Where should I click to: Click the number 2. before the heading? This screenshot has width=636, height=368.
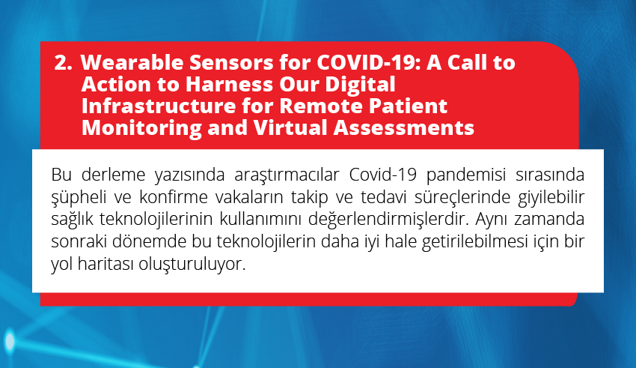(x=64, y=63)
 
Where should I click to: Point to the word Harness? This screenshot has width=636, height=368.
(x=229, y=85)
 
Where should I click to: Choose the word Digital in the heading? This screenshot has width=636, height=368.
(x=360, y=85)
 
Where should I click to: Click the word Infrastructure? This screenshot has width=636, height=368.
(x=159, y=106)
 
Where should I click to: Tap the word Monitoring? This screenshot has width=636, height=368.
(x=141, y=128)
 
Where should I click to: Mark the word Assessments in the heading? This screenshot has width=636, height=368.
(x=403, y=128)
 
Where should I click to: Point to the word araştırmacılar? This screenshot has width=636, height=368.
(x=287, y=175)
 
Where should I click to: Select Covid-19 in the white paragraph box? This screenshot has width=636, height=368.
(x=383, y=175)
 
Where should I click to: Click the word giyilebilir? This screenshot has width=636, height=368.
(x=551, y=198)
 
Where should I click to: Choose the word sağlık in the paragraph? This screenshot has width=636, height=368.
(x=71, y=220)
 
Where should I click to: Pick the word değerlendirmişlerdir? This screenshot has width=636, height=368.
(x=388, y=220)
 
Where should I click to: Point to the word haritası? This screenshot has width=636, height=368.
(x=105, y=264)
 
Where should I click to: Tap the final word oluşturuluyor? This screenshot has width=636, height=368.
(x=192, y=265)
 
